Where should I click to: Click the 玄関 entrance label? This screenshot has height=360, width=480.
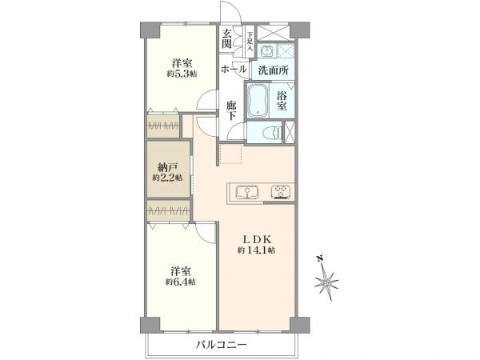click(x=228, y=39)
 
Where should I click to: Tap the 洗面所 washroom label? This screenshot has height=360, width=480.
click(x=273, y=70)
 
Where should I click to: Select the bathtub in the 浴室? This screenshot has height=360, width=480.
click(x=261, y=102)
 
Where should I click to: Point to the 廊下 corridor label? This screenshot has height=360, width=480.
click(x=231, y=110)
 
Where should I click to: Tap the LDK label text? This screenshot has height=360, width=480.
click(x=256, y=239)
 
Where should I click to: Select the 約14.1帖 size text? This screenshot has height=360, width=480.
click(x=256, y=251)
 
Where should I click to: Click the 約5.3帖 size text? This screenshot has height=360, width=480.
click(x=181, y=74)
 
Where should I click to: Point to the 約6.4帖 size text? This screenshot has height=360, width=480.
click(x=181, y=282)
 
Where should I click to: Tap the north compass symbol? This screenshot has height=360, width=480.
click(x=329, y=280)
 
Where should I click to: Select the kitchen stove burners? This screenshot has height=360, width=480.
click(x=282, y=192)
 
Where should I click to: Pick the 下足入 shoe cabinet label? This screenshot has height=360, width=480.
click(x=249, y=38)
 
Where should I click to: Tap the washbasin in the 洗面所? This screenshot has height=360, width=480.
click(x=267, y=51)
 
